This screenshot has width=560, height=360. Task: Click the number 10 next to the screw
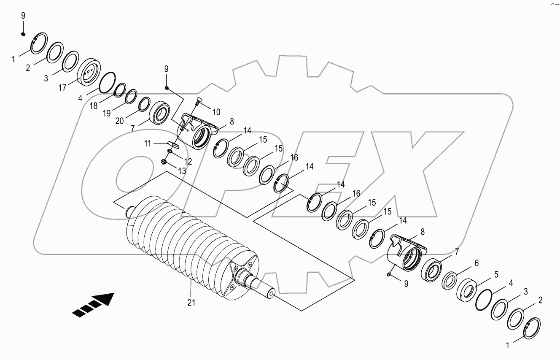tap(216, 112)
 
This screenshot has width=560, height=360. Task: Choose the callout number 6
tap(476, 263)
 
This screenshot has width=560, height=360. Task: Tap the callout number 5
tap(496, 275)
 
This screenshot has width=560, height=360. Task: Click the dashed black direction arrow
tap(94, 305)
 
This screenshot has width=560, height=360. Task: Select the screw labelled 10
tap(199, 102)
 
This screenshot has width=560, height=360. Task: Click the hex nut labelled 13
tap(165, 162)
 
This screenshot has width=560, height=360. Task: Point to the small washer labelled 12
tap(170, 152)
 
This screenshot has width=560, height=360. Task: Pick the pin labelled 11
tap(174, 144)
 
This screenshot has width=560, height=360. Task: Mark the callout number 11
tap(147, 144)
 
